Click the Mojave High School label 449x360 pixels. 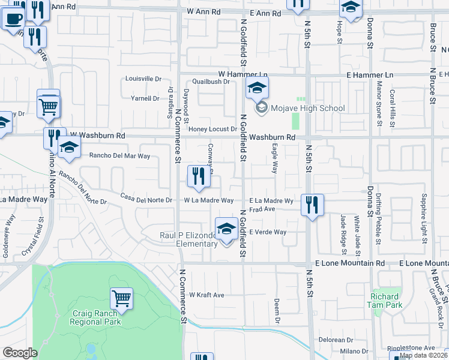(308, 109)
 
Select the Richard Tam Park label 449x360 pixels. (385, 301)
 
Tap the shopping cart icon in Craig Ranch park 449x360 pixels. (121, 298)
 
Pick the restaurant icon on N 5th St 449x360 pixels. (312, 205)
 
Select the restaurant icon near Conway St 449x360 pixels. (199, 176)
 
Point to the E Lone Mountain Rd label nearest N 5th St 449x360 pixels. (349, 263)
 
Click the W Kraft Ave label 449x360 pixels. (206, 295)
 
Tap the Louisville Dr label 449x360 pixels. (143, 79)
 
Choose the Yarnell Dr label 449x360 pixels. (146, 98)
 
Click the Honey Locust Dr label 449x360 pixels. (213, 129)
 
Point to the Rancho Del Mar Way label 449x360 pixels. (119, 156)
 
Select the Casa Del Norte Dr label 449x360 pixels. (146, 198)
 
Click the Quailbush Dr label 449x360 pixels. (211, 82)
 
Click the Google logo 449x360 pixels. (20, 353)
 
